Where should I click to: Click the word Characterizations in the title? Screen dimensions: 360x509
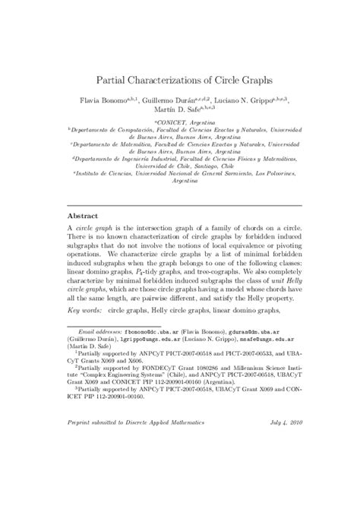(178, 79)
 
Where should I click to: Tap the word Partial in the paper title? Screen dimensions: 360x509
(114, 79)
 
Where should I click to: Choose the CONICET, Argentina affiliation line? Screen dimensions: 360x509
(180, 121)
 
